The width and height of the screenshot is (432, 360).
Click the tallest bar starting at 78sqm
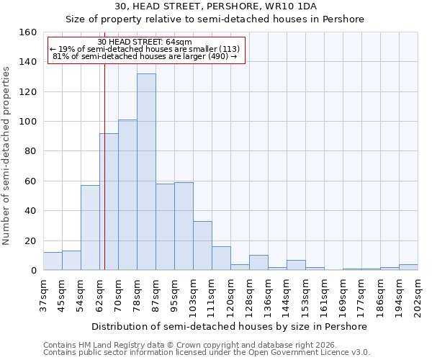pyautogui.click(x=146, y=172)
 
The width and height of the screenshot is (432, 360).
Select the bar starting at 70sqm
pyautogui.click(x=127, y=195)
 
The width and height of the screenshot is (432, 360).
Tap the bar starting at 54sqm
pyautogui.click(x=90, y=228)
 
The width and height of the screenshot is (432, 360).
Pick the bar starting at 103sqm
pyautogui.click(x=202, y=246)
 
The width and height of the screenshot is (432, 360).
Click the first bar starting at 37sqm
pyautogui.click(x=53, y=261)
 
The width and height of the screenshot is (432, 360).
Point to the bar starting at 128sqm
pyautogui.click(x=258, y=263)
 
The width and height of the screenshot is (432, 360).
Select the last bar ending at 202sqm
pyautogui.click(x=408, y=267)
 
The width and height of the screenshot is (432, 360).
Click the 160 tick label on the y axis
pyautogui.click(x=28, y=32)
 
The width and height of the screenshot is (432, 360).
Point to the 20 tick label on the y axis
pyautogui.click(x=31, y=241)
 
